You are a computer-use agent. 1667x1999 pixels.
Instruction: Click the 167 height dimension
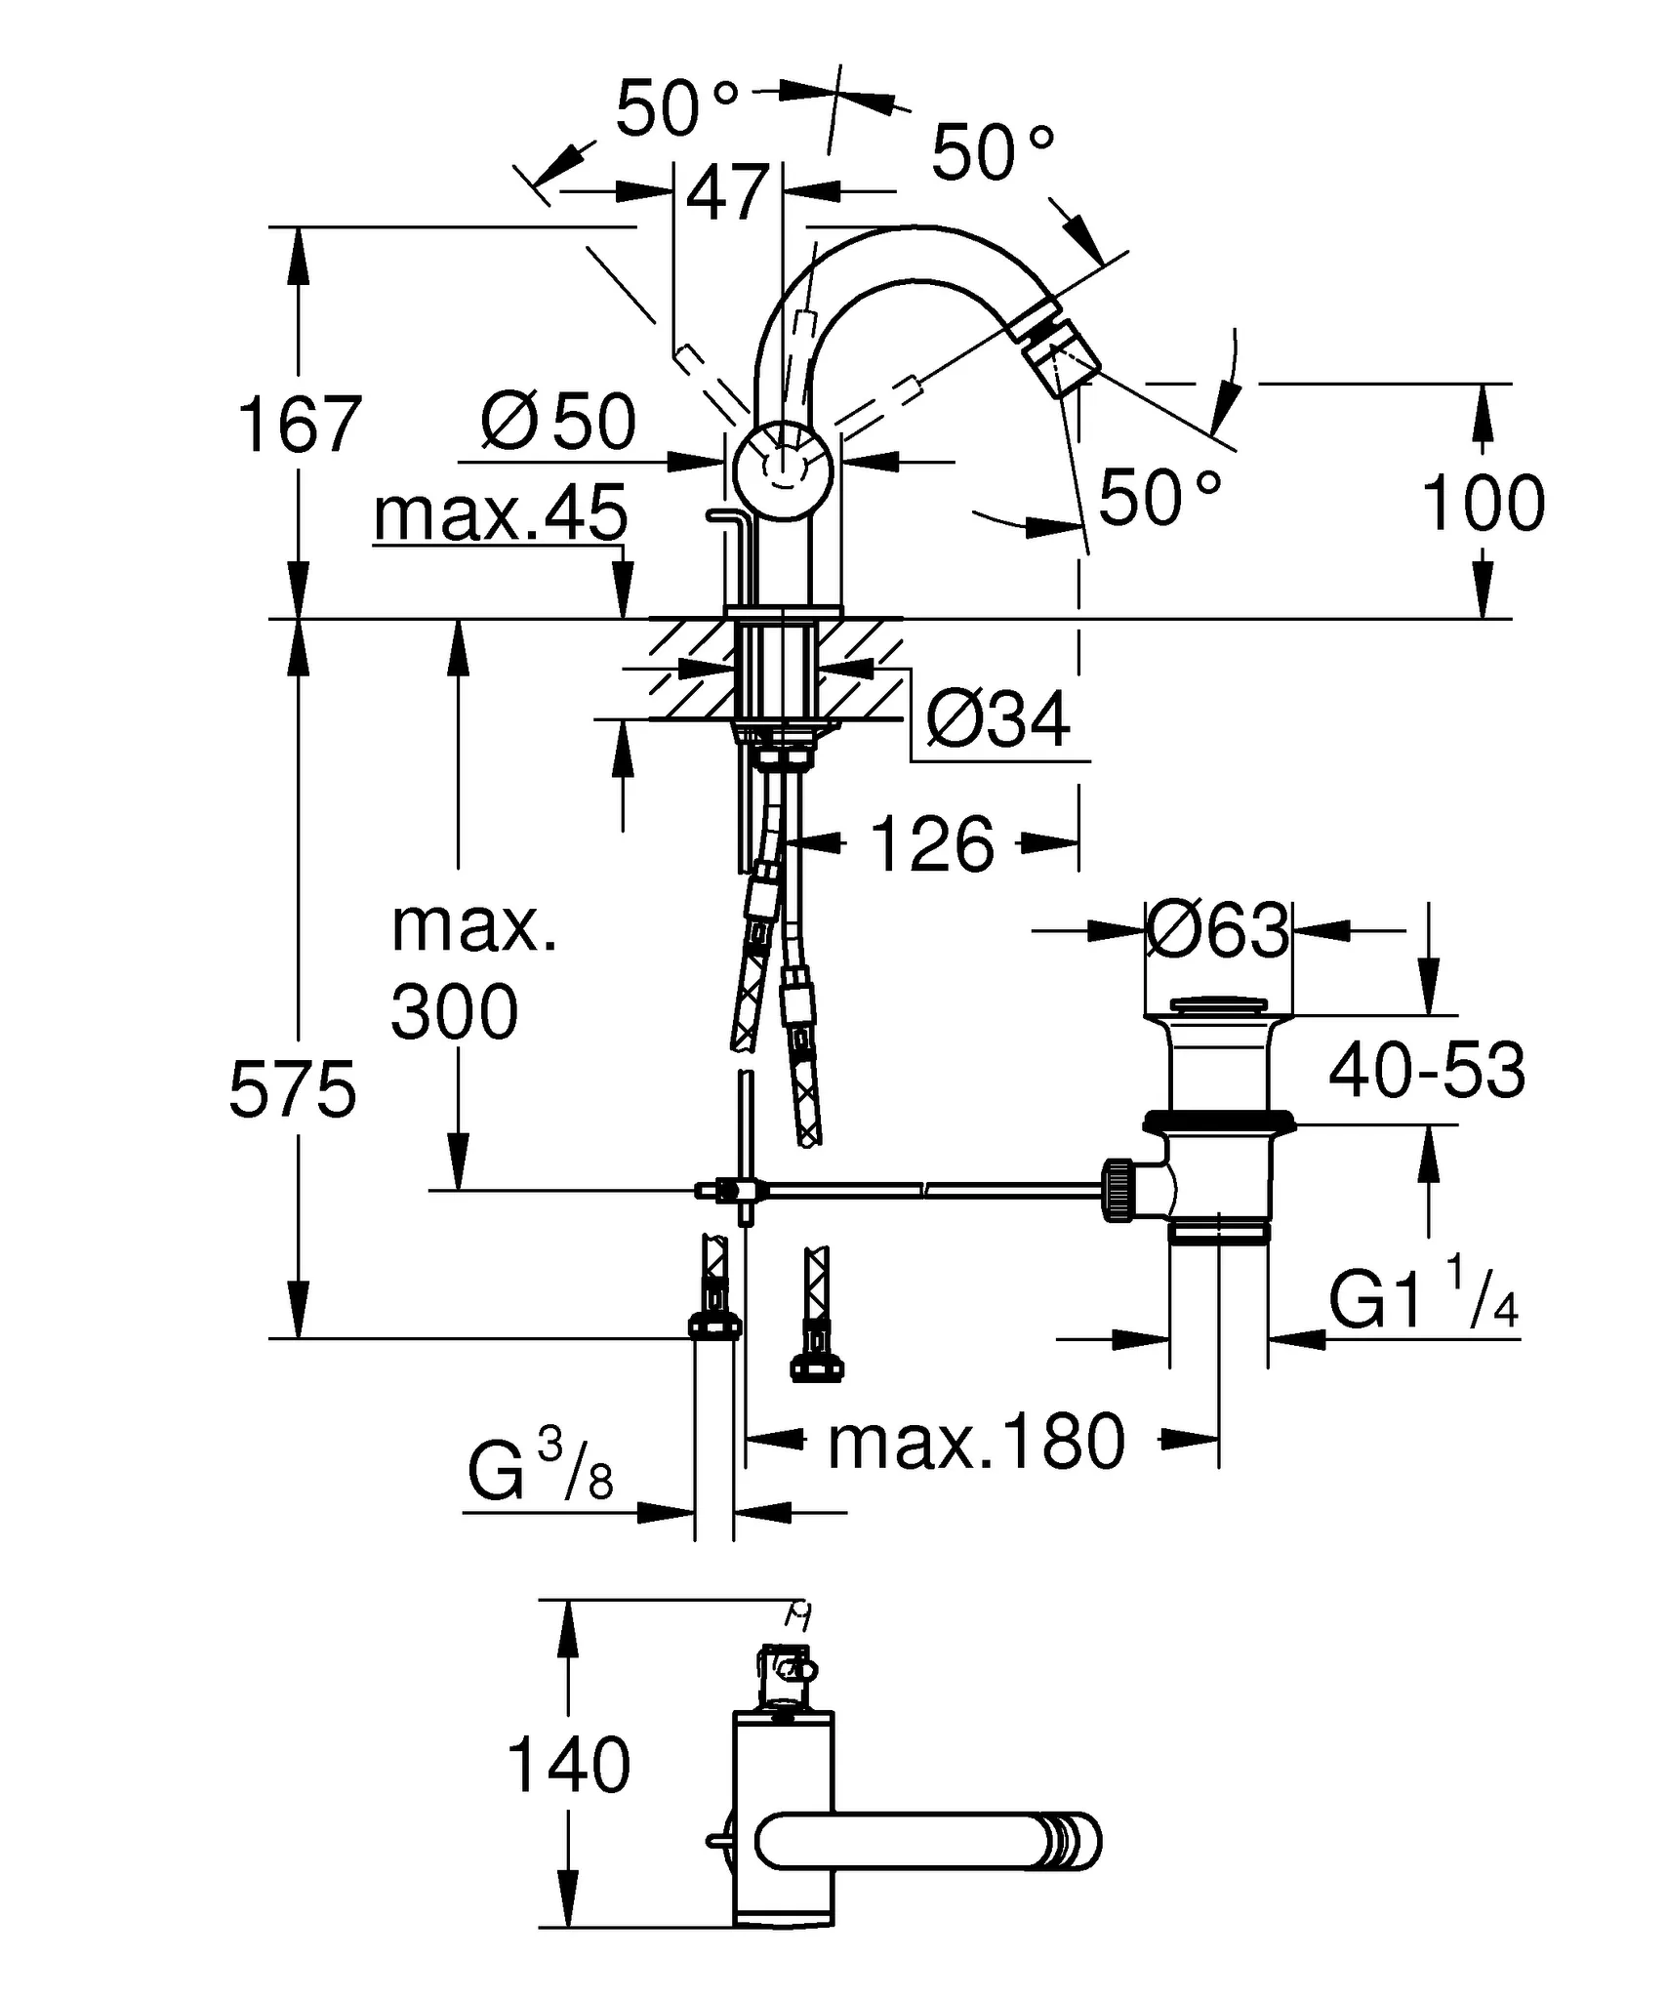300,426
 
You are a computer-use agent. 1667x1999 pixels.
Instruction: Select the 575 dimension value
293,1090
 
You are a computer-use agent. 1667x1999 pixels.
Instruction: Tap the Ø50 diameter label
558,423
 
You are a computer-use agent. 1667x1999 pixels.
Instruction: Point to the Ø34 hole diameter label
997,720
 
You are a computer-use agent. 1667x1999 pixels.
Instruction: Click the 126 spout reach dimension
932,844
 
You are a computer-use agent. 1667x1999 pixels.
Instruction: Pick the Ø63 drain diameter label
1217,931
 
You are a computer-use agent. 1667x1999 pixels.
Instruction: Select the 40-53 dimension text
1426,1071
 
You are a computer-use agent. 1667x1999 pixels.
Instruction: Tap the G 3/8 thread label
541,1473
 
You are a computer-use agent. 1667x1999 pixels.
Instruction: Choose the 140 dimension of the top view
569,1765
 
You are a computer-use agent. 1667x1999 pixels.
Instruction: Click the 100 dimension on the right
1483,504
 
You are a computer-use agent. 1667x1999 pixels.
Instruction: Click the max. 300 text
471,970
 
